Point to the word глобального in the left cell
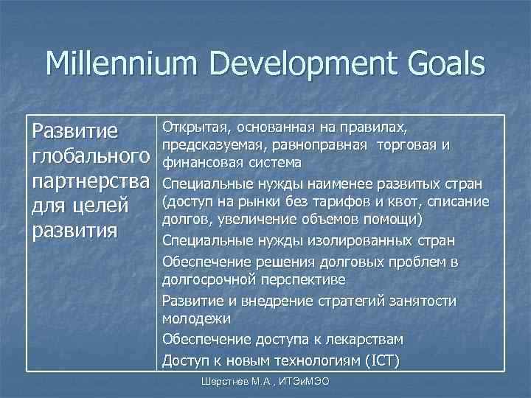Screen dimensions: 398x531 [x=89, y=156]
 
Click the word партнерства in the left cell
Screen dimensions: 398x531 [x=89, y=181]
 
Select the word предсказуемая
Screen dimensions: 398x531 [x=213, y=143]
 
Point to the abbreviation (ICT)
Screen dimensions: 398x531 [x=381, y=359]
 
